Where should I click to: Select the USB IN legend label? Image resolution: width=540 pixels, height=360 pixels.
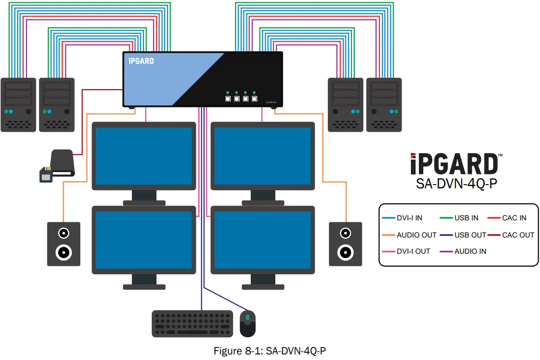tap(466, 218)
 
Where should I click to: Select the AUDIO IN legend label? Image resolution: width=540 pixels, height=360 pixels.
tap(470, 251)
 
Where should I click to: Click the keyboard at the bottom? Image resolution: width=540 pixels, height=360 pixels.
tap(192, 323)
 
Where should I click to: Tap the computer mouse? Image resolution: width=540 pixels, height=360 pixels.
tap(247, 323)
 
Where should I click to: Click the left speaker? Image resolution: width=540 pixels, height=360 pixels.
tap(64, 244)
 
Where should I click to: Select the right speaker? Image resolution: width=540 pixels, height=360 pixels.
tap(345, 244)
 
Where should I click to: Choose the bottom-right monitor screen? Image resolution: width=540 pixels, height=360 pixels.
tap(262, 240)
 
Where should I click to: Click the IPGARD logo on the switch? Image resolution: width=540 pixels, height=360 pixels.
tap(141, 61)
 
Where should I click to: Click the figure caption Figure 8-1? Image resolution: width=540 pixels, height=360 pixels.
tap(269, 351)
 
